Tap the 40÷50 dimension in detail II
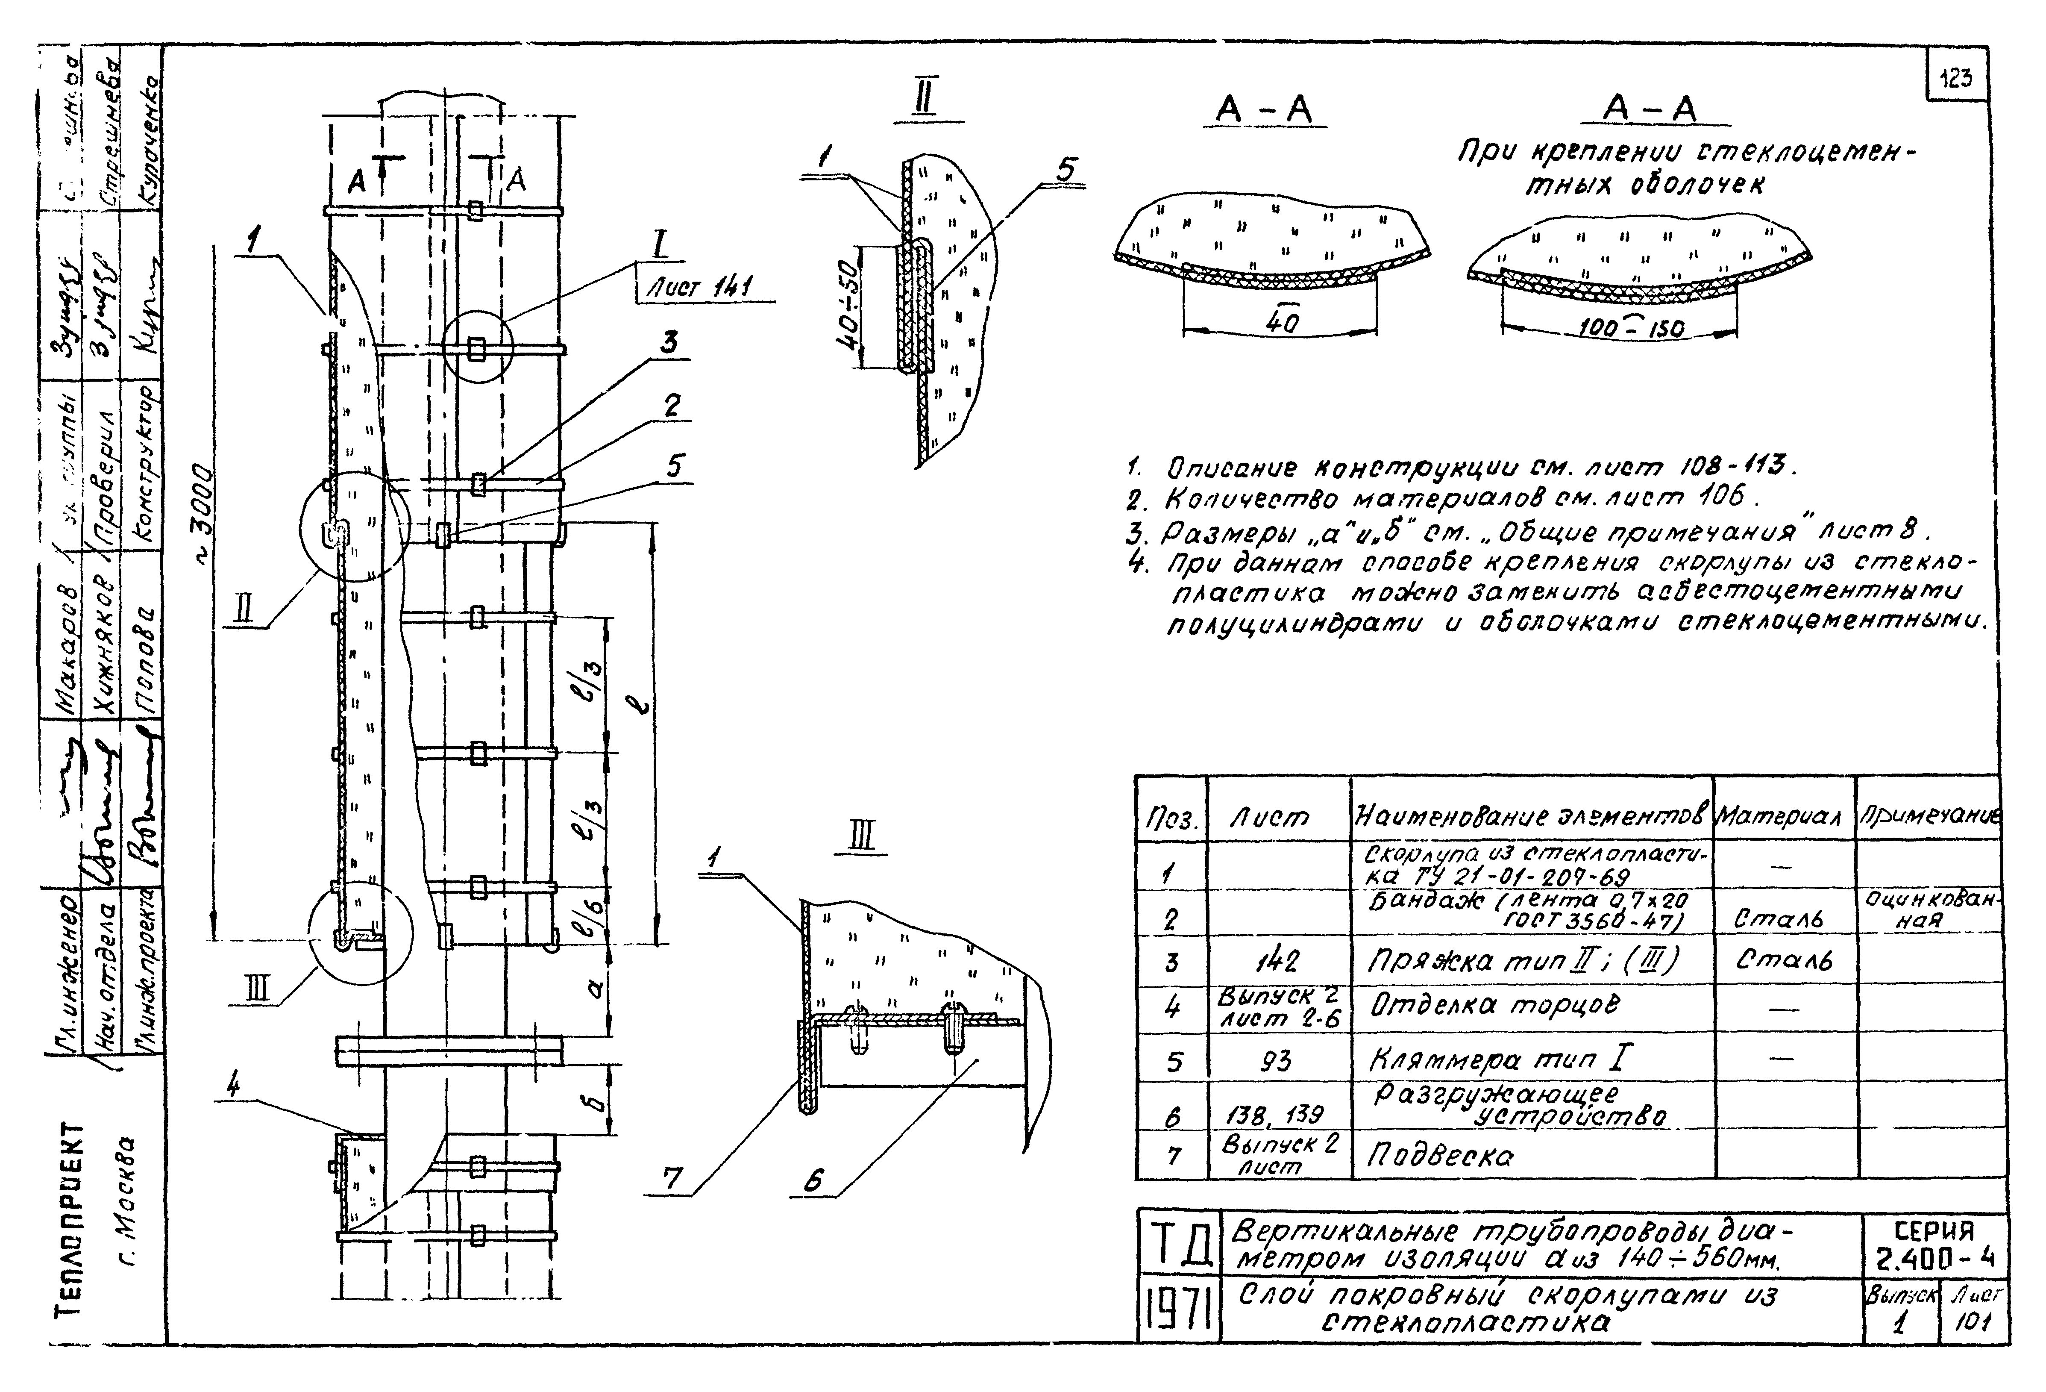click(848, 305)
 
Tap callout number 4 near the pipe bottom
click(233, 1087)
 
